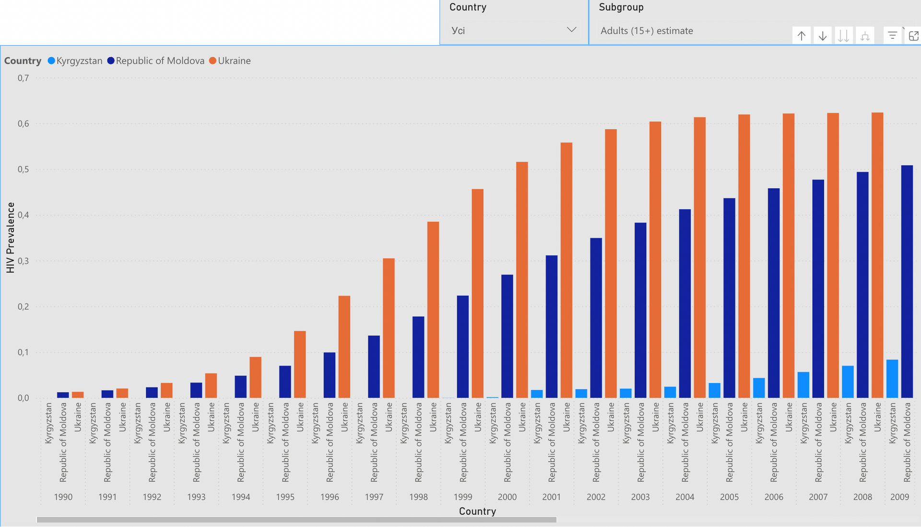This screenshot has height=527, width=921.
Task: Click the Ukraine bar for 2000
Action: pyautogui.click(x=522, y=280)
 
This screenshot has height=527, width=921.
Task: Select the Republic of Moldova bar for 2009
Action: pyautogui.click(x=907, y=282)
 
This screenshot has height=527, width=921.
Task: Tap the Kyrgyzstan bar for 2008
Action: pyautogui.click(x=848, y=382)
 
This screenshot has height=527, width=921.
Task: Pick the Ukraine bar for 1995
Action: pyautogui.click(x=300, y=364)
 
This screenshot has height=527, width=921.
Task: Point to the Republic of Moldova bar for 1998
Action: pyautogui.click(x=418, y=357)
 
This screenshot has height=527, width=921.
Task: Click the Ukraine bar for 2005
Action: pyautogui.click(x=744, y=256)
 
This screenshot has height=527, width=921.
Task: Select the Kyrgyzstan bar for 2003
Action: pyautogui.click(x=626, y=394)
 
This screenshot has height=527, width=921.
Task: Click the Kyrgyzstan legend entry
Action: pyautogui.click(x=75, y=61)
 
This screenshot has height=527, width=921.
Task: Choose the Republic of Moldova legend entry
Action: pyautogui.click(x=156, y=61)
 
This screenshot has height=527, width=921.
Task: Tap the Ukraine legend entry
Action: pyautogui.click(x=230, y=61)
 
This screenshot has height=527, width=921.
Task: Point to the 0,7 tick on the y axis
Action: pyautogui.click(x=24, y=78)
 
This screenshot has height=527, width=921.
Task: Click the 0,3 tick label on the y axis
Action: pyautogui.click(x=24, y=261)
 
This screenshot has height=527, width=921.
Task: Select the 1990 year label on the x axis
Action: pyautogui.click(x=63, y=497)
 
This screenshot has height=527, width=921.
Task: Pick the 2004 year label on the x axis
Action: pyautogui.click(x=685, y=497)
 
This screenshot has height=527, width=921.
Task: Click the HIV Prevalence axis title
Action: pyautogui.click(x=11, y=238)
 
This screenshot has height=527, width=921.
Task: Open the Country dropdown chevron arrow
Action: pyautogui.click(x=571, y=30)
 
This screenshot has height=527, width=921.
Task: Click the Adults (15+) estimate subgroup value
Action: pyautogui.click(x=647, y=31)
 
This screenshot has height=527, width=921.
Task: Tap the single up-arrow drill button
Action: pyautogui.click(x=802, y=36)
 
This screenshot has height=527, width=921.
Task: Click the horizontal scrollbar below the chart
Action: pyautogui.click(x=296, y=520)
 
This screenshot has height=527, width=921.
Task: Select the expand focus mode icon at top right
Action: pyautogui.click(x=914, y=36)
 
